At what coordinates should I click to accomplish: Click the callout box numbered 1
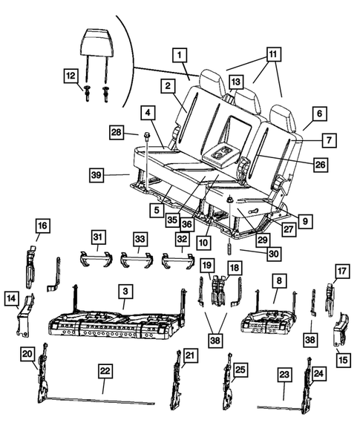(180, 53)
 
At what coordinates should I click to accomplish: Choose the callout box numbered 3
(126, 295)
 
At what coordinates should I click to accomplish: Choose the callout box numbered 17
(341, 271)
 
